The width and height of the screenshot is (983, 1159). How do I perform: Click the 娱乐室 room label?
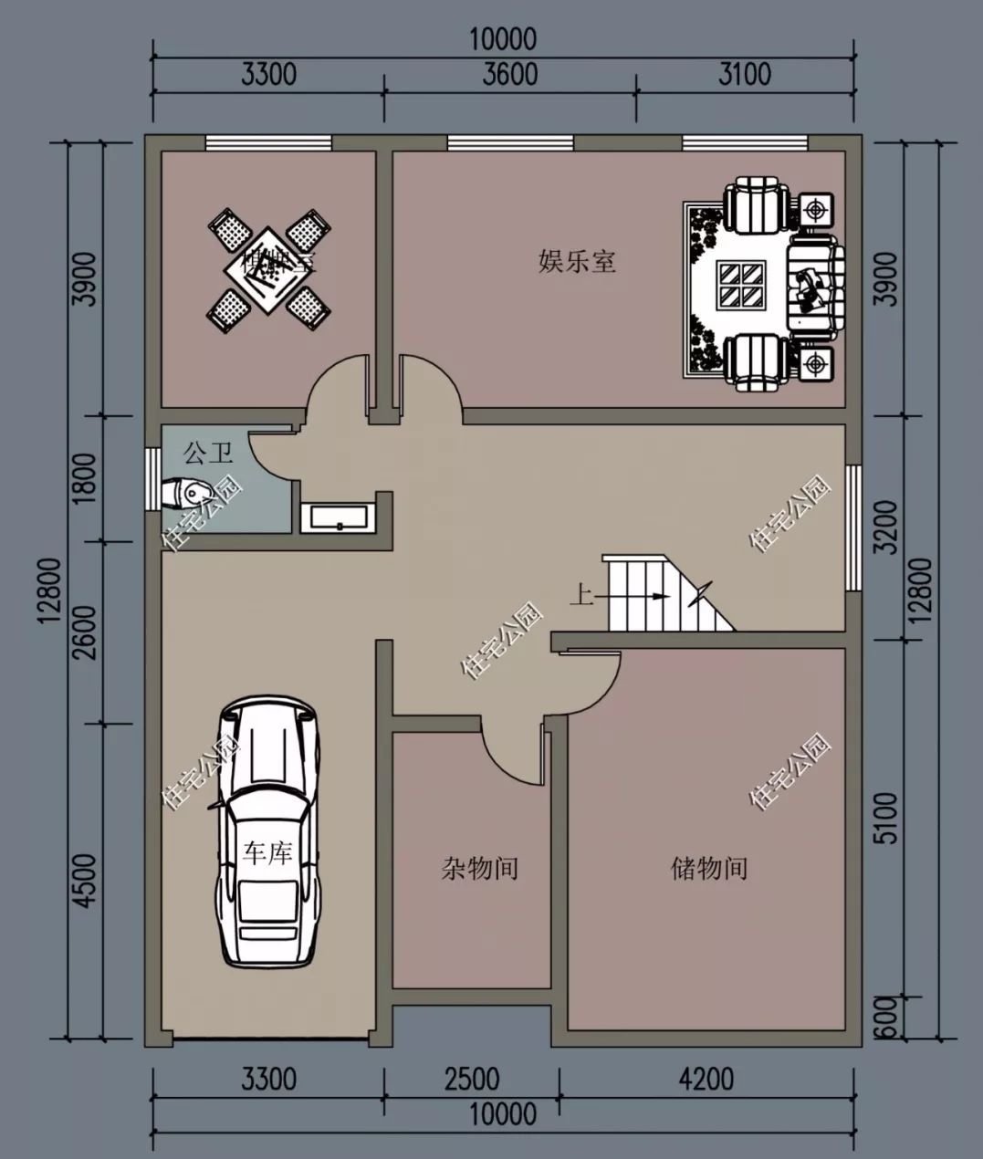tap(577, 262)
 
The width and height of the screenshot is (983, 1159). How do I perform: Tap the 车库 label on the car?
tap(267, 853)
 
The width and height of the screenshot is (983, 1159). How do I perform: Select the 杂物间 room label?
tap(479, 867)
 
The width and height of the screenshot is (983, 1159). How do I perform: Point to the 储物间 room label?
tap(708, 867)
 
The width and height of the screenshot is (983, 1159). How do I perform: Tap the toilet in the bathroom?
tap(187, 494)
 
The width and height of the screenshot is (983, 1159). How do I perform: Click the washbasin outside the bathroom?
tap(338, 517)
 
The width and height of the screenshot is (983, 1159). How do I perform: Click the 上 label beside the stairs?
tap(581, 597)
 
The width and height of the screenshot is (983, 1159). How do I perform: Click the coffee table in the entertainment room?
tap(740, 285)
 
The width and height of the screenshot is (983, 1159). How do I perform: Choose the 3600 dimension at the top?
tap(509, 74)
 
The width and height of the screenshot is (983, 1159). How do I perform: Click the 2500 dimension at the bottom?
tap(473, 1080)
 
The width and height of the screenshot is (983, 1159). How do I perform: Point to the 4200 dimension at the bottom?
tap(706, 1080)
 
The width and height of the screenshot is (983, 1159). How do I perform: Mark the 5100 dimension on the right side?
tap(884, 819)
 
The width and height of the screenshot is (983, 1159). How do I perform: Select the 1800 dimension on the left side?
tap(84, 478)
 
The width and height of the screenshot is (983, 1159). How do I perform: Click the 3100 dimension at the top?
tap(744, 74)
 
